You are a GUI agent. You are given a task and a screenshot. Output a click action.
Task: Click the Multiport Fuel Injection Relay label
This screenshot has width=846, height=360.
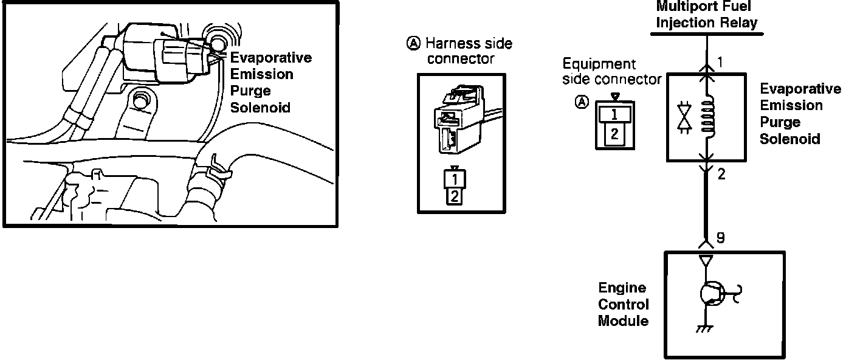707,16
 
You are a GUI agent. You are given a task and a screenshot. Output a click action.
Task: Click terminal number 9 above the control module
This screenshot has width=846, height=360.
720,237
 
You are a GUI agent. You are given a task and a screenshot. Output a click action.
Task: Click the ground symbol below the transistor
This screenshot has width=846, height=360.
704,329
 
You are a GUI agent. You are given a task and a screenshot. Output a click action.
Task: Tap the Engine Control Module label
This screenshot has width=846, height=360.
623,304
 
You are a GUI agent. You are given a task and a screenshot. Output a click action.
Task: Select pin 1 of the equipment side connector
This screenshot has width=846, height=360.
614,113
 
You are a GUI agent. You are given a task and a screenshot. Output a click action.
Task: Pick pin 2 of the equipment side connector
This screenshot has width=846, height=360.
614,135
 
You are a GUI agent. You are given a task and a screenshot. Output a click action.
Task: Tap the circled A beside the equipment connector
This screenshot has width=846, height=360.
582,102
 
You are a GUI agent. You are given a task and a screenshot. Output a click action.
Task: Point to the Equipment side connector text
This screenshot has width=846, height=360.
611,71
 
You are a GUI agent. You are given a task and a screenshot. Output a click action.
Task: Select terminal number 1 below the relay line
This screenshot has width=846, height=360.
720,62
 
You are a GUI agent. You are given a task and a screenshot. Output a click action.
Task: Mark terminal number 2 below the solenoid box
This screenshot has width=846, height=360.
721,175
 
